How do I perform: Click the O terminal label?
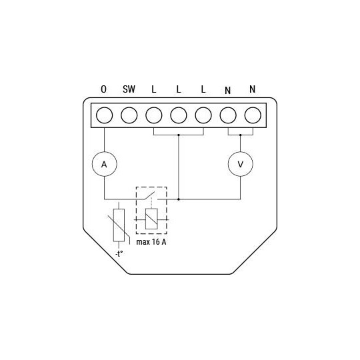tap(103, 89)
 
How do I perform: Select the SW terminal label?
tap(129, 89)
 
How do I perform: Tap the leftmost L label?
tap(153, 89)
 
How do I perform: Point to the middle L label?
tap(178, 89)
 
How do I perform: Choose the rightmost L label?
tap(203, 89)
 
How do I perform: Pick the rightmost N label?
tap(252, 89)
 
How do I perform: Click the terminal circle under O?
tap(103, 115)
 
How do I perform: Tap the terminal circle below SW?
tap(129, 115)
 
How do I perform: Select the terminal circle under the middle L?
tap(178, 115)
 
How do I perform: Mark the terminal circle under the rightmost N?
tap(252, 115)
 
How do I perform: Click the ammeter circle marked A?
tap(103, 163)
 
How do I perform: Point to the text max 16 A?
tap(151, 242)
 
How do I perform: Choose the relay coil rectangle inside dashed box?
tap(152, 218)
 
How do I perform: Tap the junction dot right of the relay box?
tap(178, 199)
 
